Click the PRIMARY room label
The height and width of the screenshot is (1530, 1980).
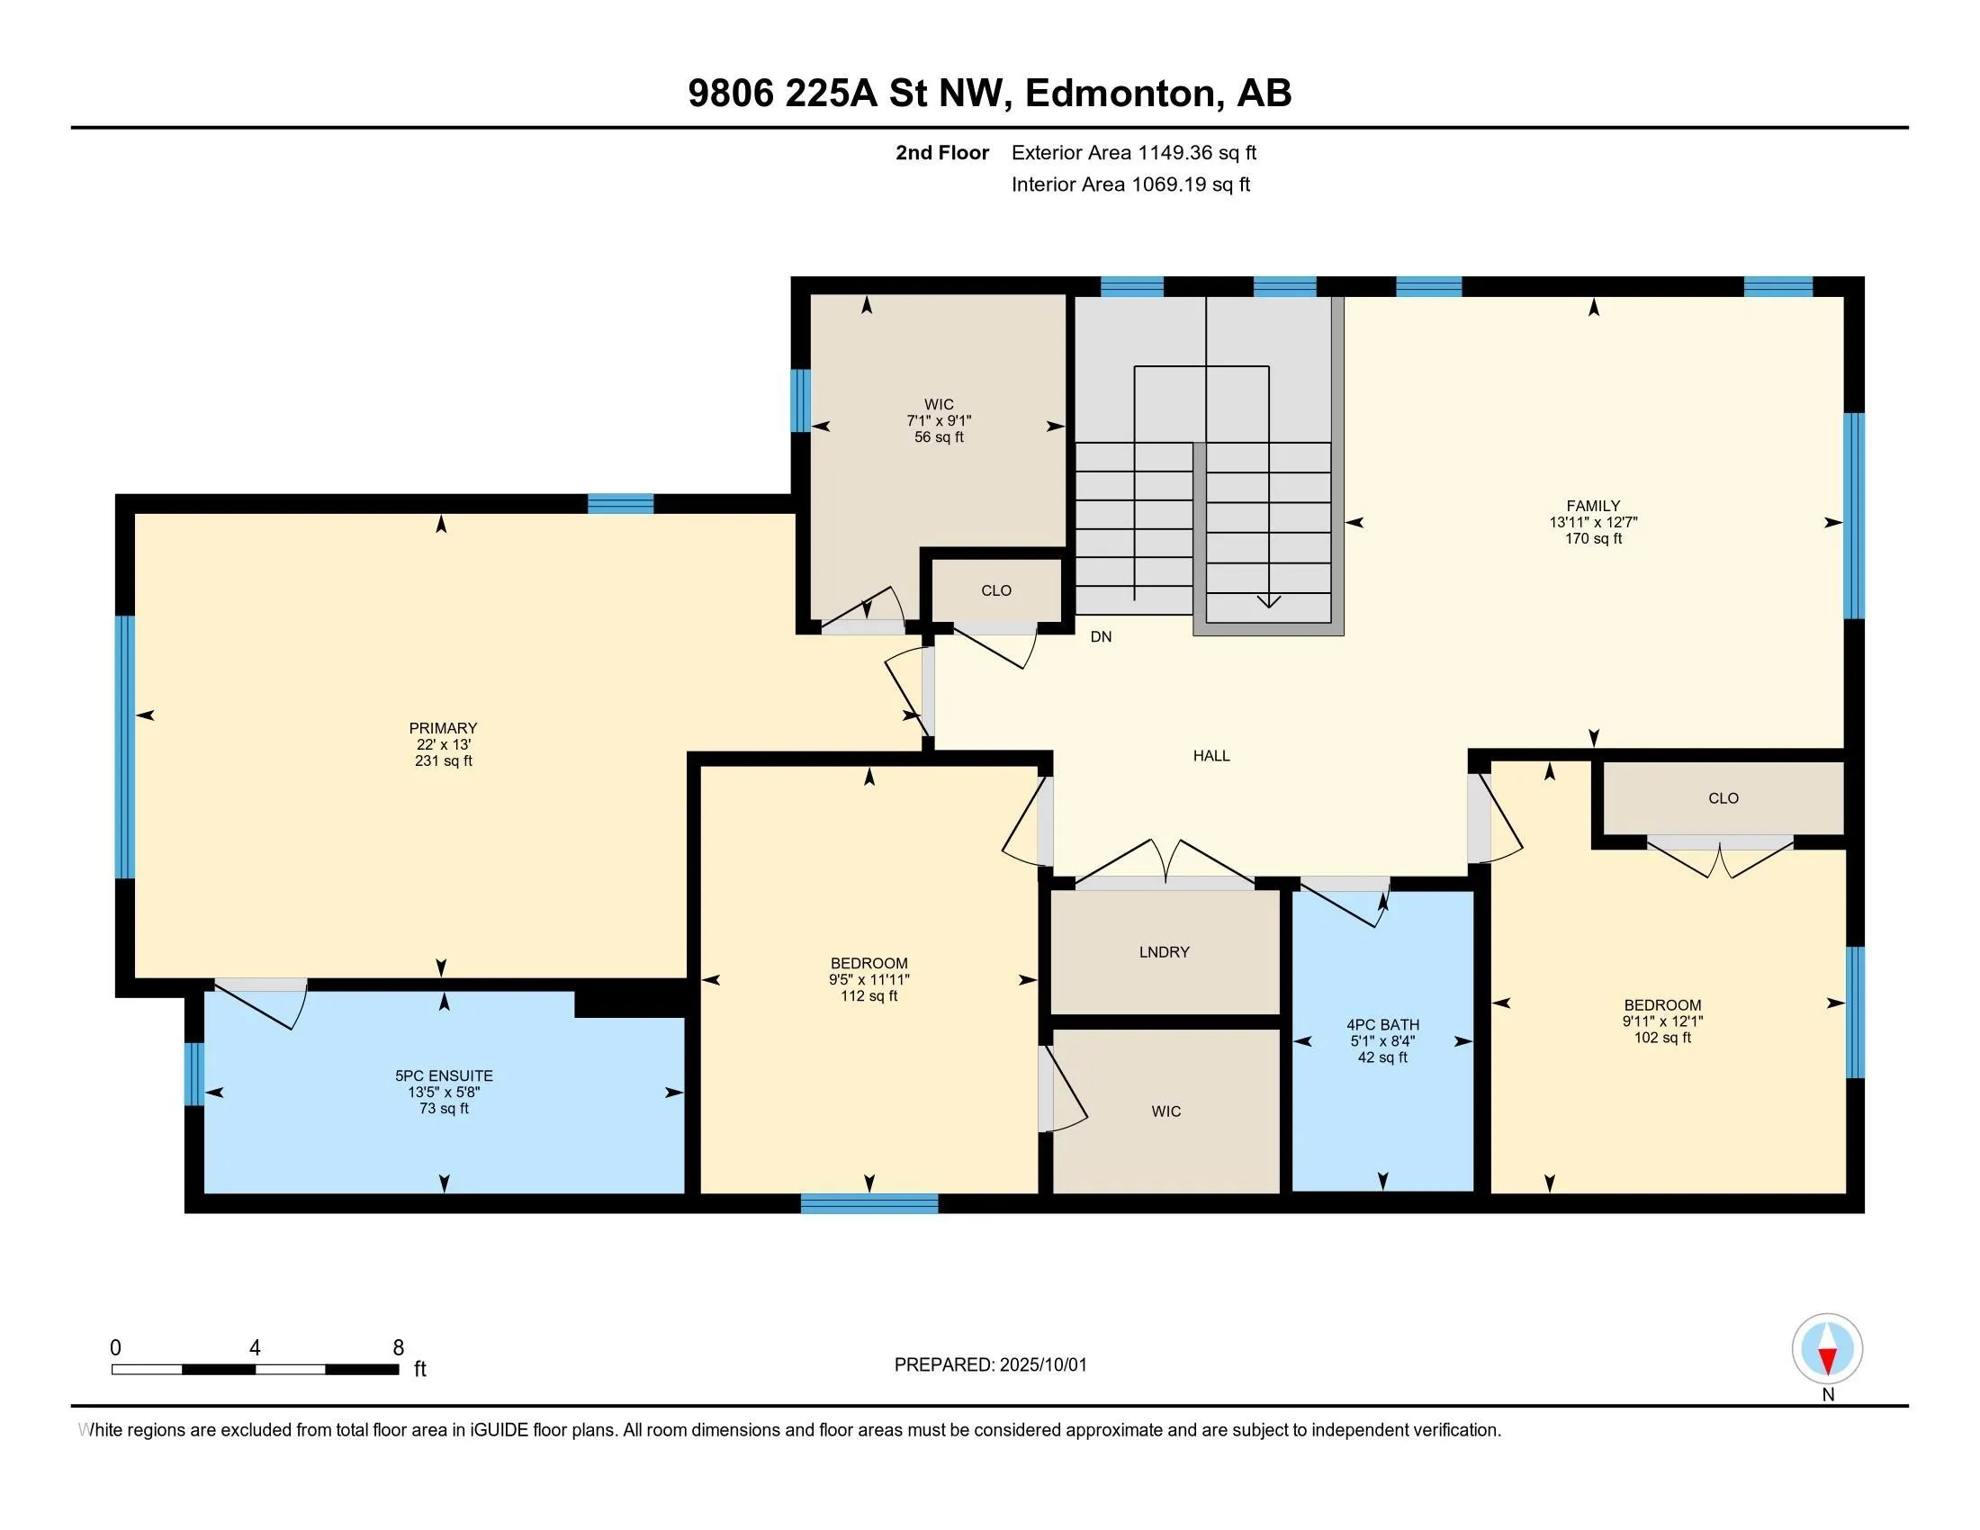click(443, 728)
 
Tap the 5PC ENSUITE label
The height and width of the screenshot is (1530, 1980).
click(445, 1075)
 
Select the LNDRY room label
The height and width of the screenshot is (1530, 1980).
click(1164, 951)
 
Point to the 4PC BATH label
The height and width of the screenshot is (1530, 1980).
click(1382, 1025)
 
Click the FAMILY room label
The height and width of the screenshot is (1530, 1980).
click(1593, 506)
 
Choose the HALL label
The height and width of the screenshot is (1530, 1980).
click(1211, 756)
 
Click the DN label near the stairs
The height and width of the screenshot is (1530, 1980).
click(1101, 637)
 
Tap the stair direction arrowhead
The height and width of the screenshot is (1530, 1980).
click(1268, 601)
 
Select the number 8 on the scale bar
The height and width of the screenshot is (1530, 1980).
click(398, 1348)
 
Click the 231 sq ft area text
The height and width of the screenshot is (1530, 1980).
click(444, 760)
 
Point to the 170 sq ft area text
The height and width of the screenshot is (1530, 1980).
click(1593, 538)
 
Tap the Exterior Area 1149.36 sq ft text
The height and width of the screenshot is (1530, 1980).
click(1134, 152)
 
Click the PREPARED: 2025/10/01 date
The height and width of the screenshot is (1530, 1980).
click(990, 1365)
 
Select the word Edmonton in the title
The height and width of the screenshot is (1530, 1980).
click(1121, 94)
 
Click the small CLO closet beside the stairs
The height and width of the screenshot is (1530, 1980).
click(996, 591)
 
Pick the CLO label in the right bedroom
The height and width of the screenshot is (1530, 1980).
click(1723, 798)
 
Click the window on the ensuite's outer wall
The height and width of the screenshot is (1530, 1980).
click(193, 1074)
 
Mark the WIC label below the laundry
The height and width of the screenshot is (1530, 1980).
click(1165, 1111)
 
